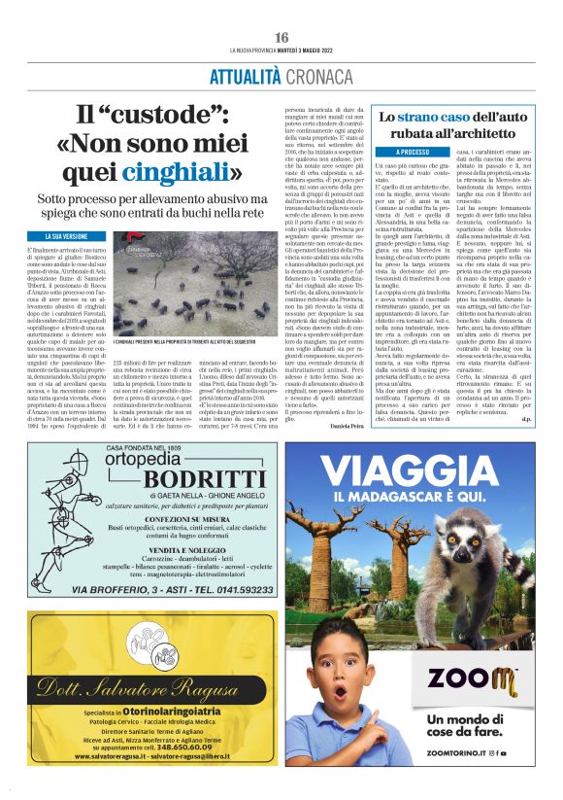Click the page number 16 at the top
281,37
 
